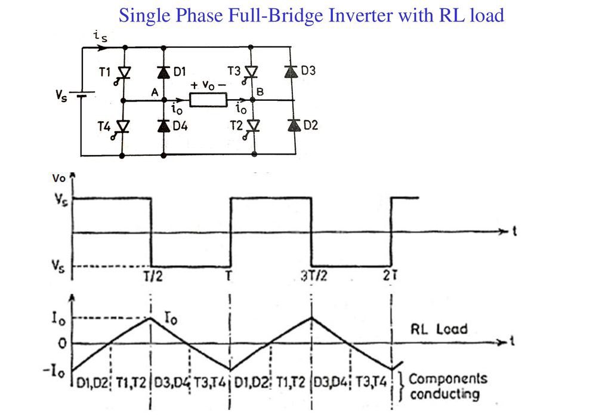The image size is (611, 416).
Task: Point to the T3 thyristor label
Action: (x=234, y=71)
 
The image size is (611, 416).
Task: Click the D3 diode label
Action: (x=308, y=71)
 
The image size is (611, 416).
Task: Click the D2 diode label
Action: (x=311, y=125)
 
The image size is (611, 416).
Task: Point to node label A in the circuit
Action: (x=155, y=93)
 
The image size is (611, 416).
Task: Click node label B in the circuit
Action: (x=260, y=91)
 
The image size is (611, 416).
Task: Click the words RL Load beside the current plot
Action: (x=439, y=329)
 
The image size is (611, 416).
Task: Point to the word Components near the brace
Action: (x=448, y=379)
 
